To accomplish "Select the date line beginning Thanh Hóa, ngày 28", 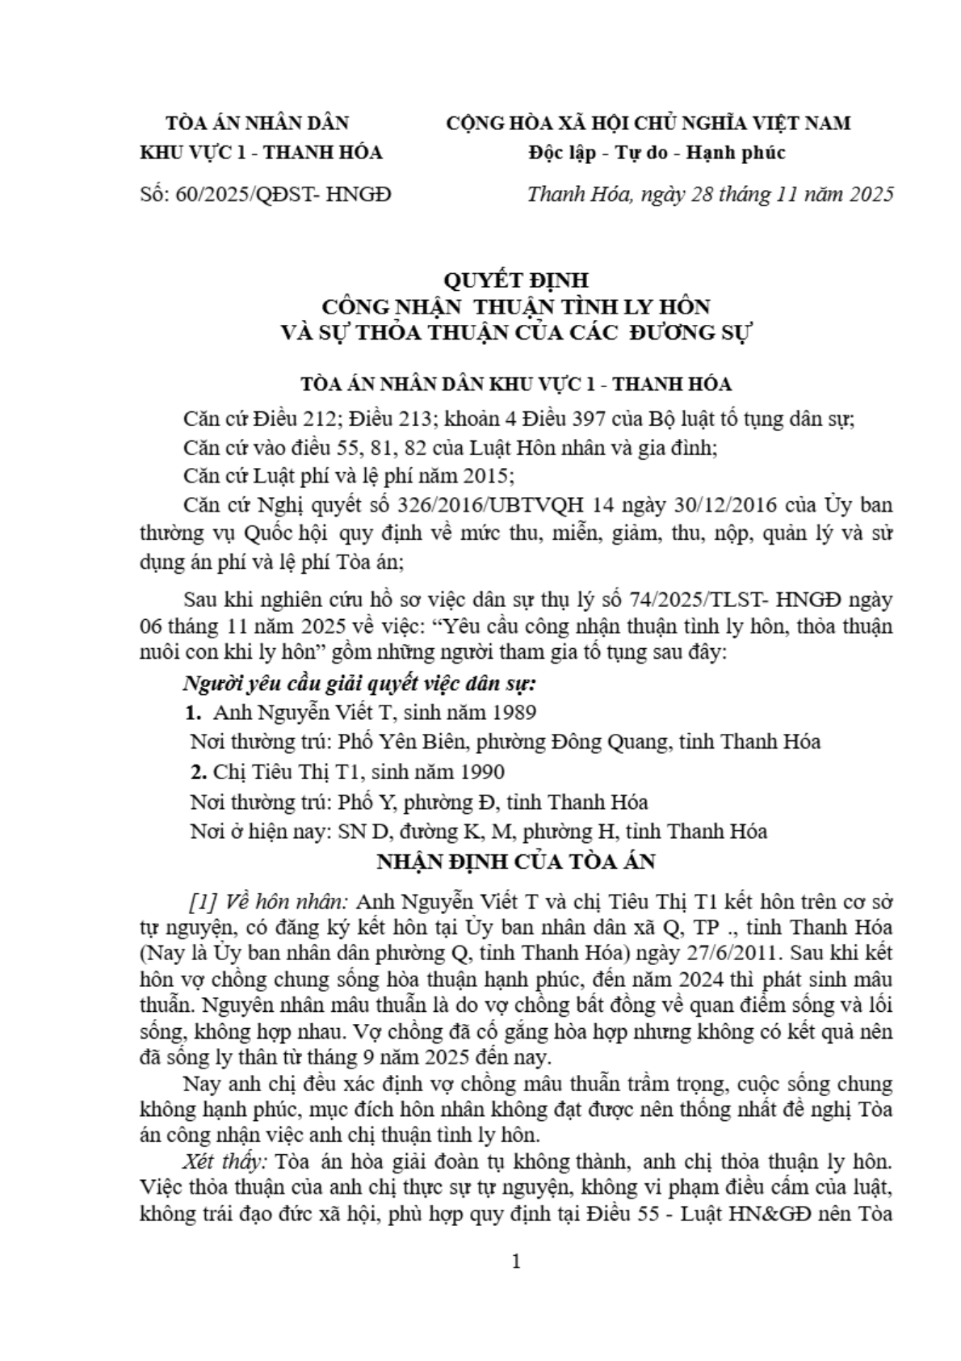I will [710, 195].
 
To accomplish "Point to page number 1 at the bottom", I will [516, 1262].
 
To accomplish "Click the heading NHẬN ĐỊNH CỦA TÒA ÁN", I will [516, 862].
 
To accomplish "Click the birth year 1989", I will [512, 712].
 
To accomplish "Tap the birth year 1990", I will [480, 772].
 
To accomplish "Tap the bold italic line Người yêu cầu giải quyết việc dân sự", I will [359, 684].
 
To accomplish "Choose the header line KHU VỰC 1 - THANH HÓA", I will [262, 152].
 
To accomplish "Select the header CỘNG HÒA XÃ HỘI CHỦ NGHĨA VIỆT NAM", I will [648, 123].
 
